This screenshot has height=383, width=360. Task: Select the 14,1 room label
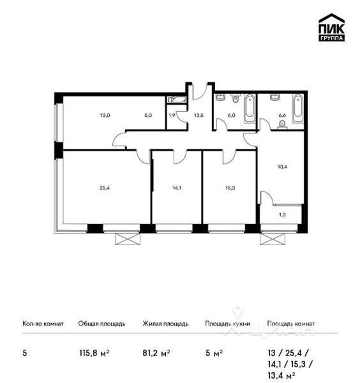click(175, 188)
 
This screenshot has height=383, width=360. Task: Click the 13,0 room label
click(104, 116)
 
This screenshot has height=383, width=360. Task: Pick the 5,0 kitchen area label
click(148, 116)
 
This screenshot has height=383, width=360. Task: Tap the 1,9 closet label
click(172, 116)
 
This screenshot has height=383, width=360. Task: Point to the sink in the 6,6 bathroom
click(275, 98)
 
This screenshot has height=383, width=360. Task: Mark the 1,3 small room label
click(283, 214)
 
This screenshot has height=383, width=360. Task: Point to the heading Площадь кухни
click(227, 324)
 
